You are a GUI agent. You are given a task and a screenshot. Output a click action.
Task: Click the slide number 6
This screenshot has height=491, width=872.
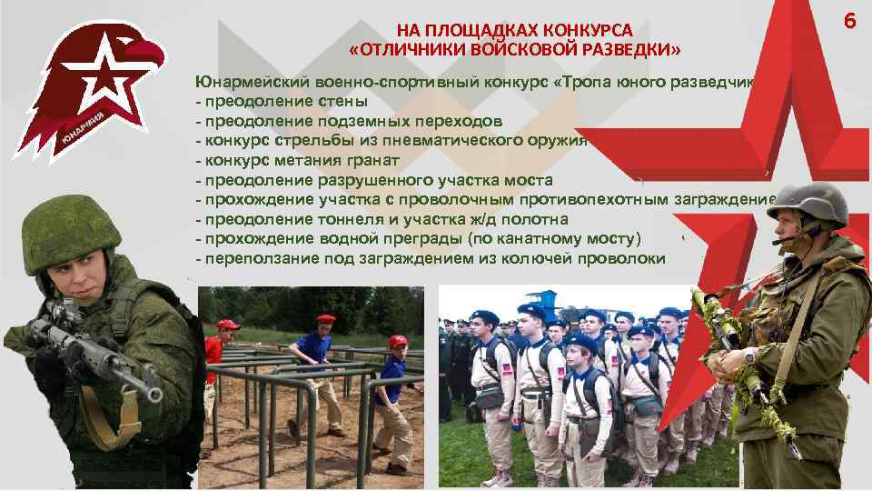(849, 20)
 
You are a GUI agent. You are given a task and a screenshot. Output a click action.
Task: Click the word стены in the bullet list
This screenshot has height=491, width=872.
(346, 101)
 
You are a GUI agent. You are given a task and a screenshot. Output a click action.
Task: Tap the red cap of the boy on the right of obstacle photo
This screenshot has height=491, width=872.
(397, 342)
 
